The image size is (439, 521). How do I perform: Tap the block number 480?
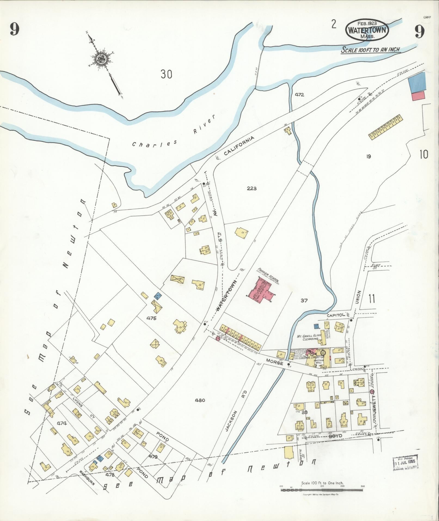(x=200, y=400)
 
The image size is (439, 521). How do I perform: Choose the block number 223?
(x=252, y=188)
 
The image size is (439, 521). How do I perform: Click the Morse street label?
(x=275, y=361)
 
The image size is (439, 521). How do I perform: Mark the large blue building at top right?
(x=417, y=82)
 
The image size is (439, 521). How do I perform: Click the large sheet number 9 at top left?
(x=15, y=29)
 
